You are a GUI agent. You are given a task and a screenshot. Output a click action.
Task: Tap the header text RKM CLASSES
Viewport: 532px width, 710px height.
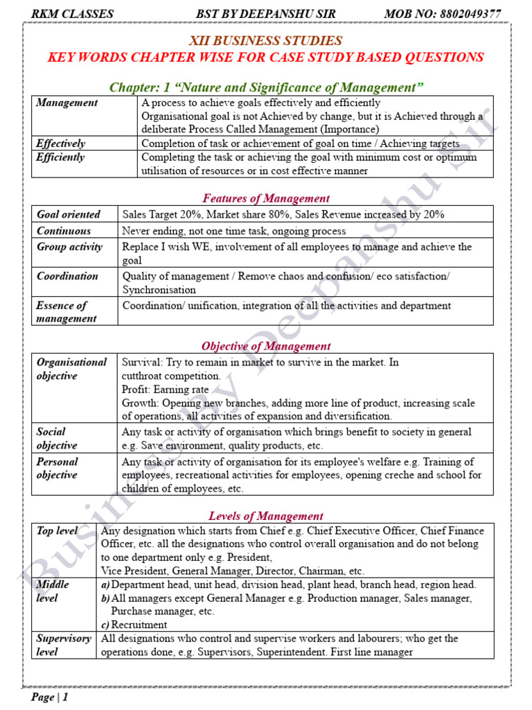tap(72, 14)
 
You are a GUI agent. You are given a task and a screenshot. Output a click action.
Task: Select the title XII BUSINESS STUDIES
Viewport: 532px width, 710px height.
tap(265, 41)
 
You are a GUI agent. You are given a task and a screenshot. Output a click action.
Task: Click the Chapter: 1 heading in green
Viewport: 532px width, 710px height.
tap(266, 87)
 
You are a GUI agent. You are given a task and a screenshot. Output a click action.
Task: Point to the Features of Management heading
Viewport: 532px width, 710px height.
tap(266, 198)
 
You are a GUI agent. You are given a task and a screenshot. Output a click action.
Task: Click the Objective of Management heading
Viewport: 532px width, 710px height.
tap(266, 346)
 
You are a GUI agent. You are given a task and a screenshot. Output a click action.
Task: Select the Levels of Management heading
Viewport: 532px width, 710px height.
tap(266, 516)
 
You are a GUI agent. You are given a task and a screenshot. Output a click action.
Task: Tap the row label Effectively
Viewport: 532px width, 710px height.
tap(61, 144)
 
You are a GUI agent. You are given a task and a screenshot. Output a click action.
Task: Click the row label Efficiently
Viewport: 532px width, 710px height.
tap(61, 157)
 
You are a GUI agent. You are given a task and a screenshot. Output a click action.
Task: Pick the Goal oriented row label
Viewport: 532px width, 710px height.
tap(68, 214)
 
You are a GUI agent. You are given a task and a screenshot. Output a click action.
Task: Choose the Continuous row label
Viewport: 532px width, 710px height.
tap(64, 231)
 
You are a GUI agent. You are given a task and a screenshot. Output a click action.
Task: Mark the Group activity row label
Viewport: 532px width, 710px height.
tap(69, 247)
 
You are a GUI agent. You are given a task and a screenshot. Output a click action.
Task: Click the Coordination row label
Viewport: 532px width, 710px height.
tap(67, 276)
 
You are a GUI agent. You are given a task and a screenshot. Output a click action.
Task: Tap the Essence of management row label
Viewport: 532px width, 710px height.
tap(66, 312)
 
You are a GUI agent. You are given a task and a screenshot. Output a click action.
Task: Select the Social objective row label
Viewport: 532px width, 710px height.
tap(57, 438)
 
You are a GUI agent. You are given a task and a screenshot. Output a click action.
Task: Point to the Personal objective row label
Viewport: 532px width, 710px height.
tap(57, 468)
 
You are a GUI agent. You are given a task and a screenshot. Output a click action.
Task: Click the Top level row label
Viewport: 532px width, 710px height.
tap(57, 530)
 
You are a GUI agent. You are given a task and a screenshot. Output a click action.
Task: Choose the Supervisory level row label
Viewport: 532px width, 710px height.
tap(63, 645)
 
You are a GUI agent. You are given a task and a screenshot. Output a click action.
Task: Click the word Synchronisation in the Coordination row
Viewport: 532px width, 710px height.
tap(159, 290)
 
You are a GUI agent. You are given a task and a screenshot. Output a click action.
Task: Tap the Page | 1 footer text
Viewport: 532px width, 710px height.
tap(50, 697)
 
